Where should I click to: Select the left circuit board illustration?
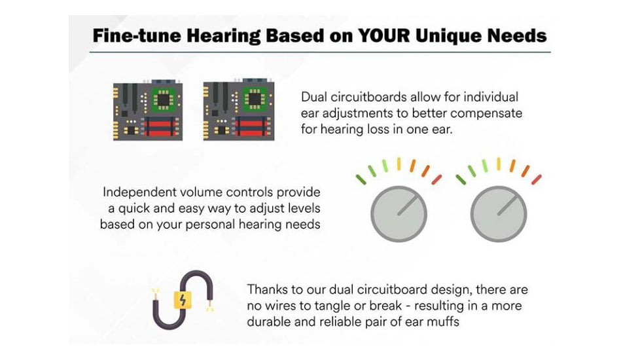point(148,110)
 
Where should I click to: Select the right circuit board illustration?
point(239,109)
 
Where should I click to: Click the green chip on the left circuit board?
point(164,99)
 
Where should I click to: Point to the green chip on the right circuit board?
point(255,99)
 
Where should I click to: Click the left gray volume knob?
point(399,214)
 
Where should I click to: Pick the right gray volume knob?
point(499,214)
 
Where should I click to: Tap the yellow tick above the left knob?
point(399,164)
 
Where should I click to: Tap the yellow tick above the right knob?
point(499,164)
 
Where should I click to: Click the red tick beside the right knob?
point(537,179)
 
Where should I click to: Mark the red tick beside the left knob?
point(436,179)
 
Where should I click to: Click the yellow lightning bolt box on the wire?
point(183,300)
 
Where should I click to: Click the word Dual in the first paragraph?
point(313,97)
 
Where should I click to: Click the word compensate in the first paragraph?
point(486,113)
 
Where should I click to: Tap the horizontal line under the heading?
point(320,52)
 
